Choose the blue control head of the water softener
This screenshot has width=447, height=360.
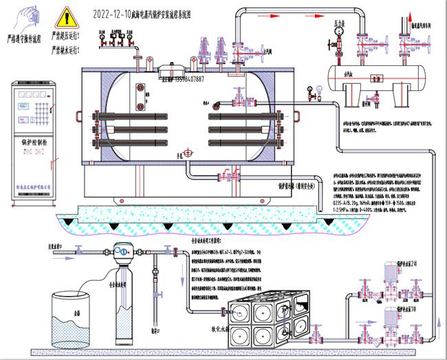pyautogui.click(x=124, y=253)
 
